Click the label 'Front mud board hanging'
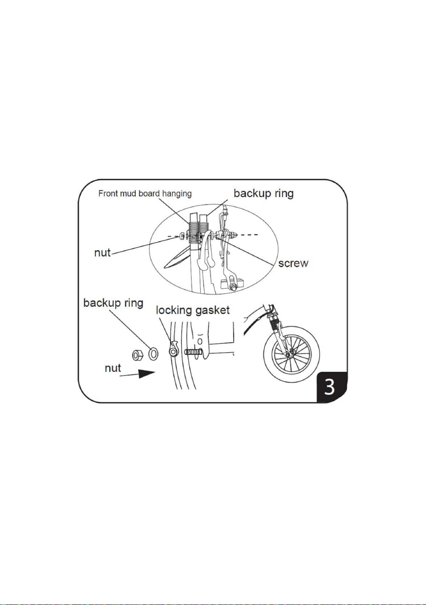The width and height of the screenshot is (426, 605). tap(145, 194)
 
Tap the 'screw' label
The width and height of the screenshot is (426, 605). tap(293, 263)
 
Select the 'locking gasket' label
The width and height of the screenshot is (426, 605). tap(193, 311)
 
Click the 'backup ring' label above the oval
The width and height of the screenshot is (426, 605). tap(263, 193)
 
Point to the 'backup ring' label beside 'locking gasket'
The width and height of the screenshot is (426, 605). tap(113, 303)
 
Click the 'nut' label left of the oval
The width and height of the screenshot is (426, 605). tap(102, 253)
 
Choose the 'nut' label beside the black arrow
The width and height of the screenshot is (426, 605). tap(113, 368)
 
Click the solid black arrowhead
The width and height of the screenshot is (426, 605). tap(147, 374)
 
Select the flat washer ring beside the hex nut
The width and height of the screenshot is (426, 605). tap(153, 354)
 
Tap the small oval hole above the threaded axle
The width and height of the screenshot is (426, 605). tap(200, 341)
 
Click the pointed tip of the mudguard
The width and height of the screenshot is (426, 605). tap(165, 268)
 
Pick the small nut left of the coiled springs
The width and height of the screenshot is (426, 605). tap(181, 236)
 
